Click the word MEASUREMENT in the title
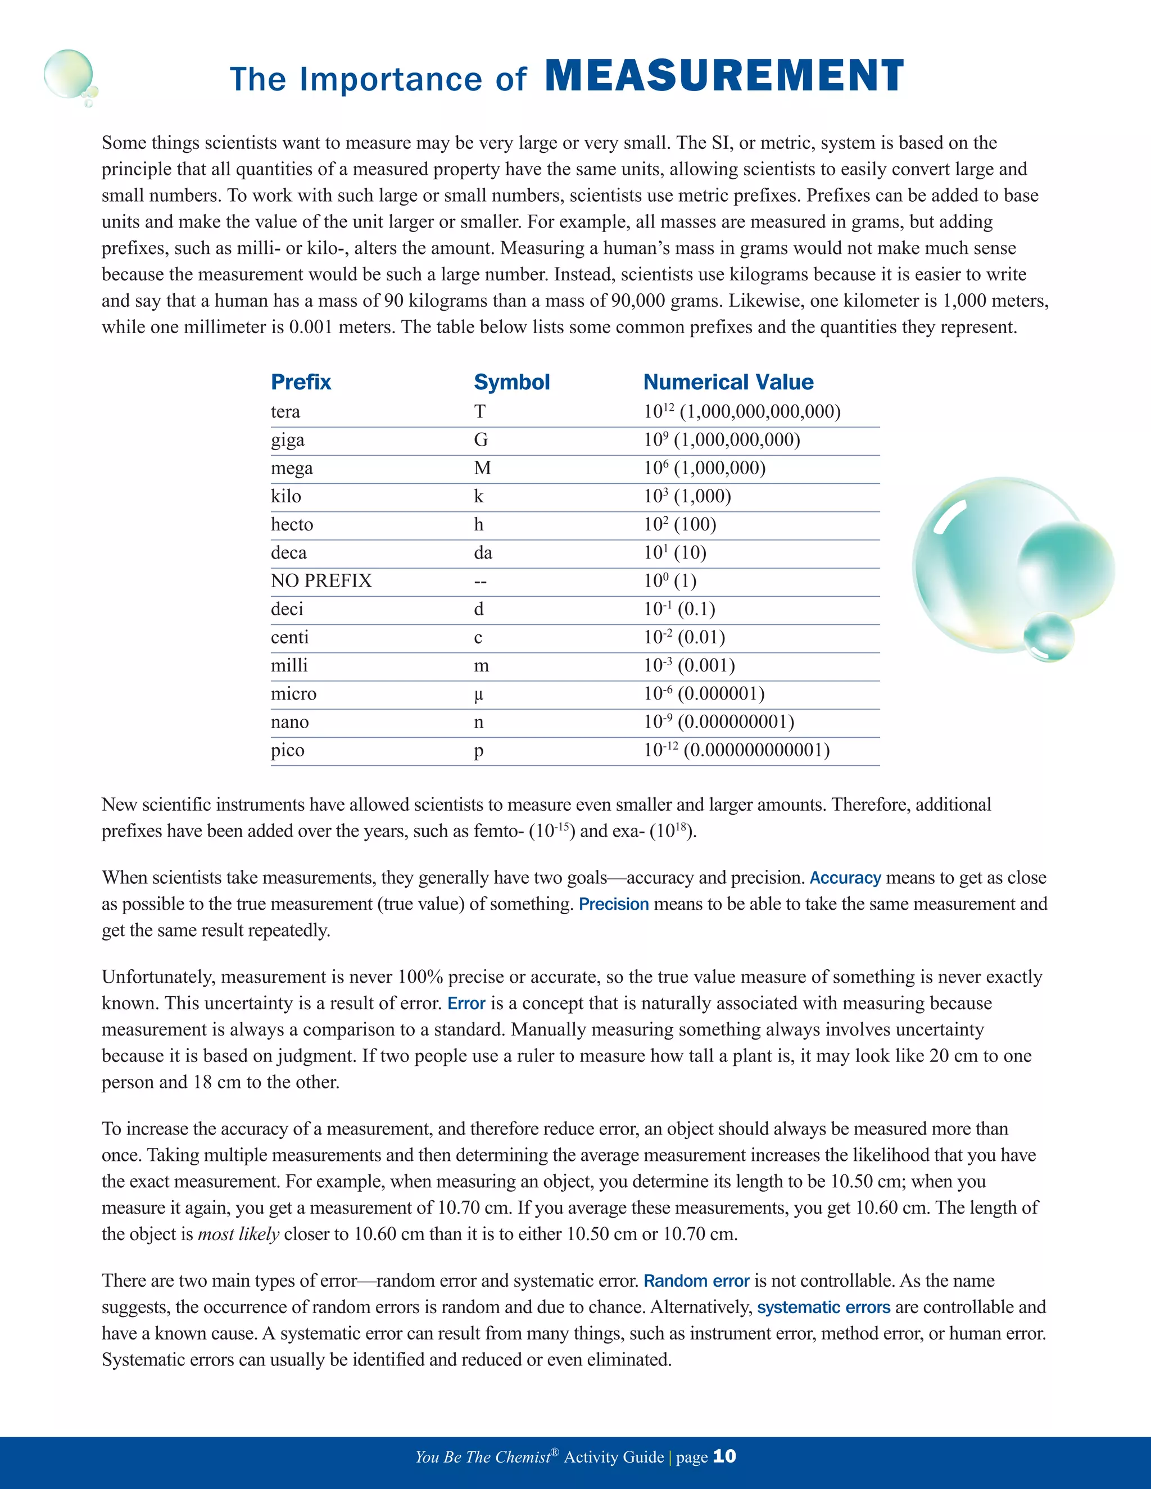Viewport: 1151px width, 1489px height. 724,76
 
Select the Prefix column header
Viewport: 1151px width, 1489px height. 301,382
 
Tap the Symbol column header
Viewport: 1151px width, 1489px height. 511,382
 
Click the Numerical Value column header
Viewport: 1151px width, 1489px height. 728,382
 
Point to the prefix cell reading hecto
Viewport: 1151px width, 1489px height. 292,524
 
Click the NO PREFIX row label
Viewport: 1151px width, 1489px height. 321,581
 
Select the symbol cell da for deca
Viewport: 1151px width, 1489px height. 483,553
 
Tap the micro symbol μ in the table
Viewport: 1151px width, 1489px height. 479,694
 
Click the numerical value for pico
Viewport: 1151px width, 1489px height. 736,750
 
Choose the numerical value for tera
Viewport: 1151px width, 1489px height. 742,412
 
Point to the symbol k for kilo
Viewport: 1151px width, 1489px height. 479,496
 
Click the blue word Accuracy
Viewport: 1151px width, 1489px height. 845,878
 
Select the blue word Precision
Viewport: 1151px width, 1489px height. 614,904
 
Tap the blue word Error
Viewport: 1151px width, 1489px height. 466,1004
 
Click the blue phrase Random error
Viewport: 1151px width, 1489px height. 696,1281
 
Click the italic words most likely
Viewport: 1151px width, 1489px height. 239,1234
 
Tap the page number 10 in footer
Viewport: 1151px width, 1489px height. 724,1456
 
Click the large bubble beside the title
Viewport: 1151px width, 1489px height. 67,74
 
